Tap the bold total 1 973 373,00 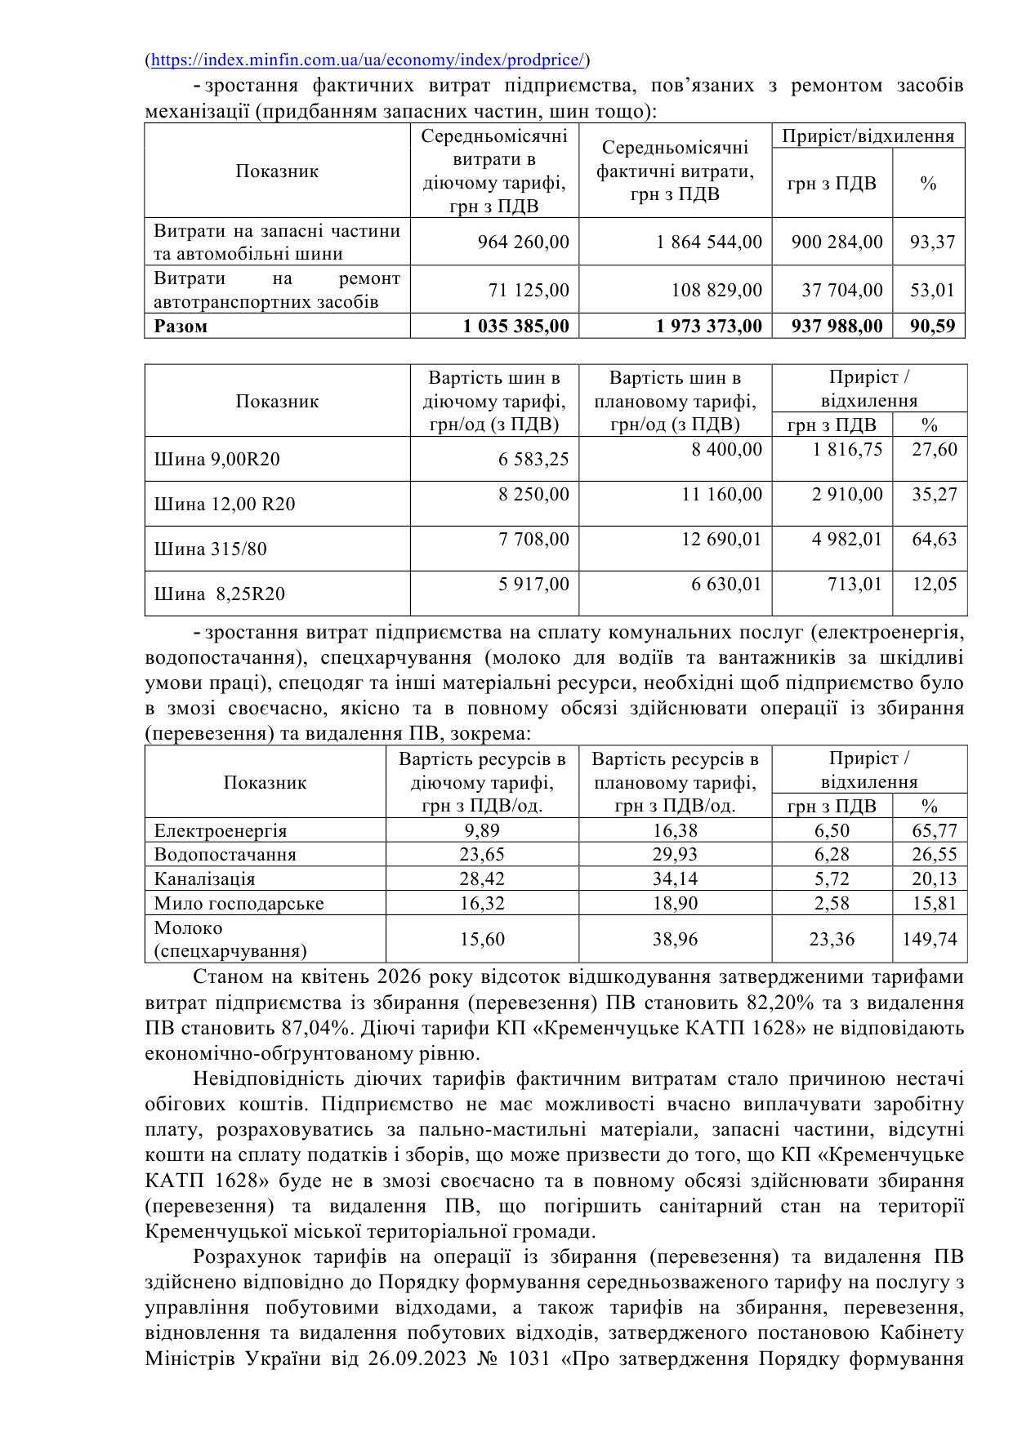(708, 327)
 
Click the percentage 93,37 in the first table (932, 242)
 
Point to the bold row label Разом (181, 327)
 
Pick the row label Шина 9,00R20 (216, 460)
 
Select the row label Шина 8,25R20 (220, 594)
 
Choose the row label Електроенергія (221, 831)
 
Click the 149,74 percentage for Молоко (929, 940)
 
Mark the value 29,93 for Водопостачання (675, 855)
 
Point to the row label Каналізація (204, 879)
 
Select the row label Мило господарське (239, 904)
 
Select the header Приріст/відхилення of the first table (868, 136)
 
